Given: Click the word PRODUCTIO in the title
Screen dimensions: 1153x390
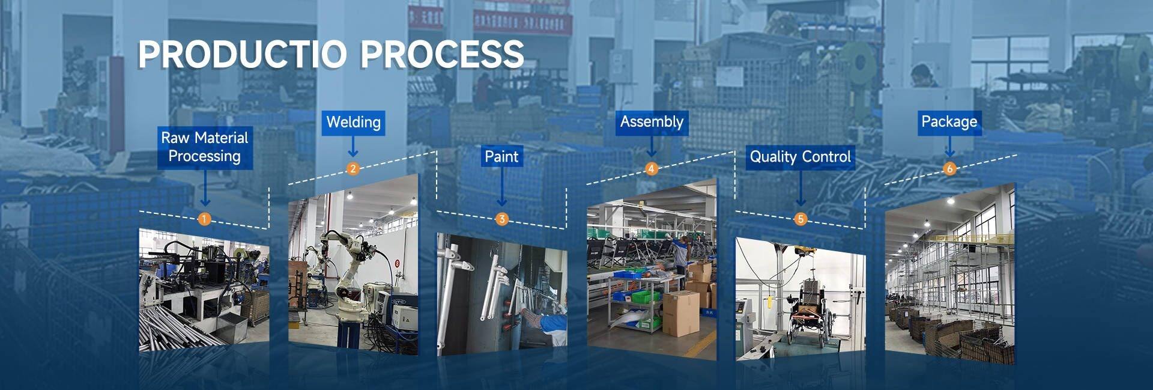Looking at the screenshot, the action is click(243, 54).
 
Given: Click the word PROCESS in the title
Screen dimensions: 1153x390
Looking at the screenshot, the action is click(442, 54).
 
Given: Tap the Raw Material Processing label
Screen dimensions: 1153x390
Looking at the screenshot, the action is click(204, 147).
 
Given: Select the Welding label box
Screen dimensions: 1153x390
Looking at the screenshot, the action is click(353, 123).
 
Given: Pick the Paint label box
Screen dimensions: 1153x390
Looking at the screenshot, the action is click(501, 157).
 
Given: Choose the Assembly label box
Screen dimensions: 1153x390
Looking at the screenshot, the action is click(652, 122).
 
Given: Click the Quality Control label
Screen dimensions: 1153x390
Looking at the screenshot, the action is click(800, 157).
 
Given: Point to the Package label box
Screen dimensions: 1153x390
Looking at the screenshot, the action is click(949, 122).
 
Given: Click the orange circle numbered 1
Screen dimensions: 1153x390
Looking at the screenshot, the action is click(204, 219).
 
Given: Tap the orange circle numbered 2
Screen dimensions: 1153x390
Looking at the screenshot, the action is click(353, 169).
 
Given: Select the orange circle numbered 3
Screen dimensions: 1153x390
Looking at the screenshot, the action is click(502, 219).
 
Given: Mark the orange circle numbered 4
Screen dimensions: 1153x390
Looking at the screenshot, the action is click(651, 169).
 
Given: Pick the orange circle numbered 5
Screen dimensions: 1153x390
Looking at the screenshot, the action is click(800, 219).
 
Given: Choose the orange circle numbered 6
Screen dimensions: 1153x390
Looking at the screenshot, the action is click(949, 169).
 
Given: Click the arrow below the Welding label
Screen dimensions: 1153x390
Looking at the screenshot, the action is click(353, 147).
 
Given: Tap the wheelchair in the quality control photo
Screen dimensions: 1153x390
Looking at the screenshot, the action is click(808, 315).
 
